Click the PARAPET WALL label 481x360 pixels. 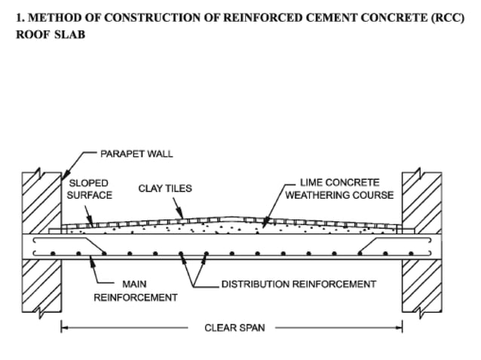pos(136,154)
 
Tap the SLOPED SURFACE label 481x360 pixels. pos(90,189)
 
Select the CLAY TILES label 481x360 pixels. pos(164,188)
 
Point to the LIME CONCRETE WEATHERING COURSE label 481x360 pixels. pos(339,189)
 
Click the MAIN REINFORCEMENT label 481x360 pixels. pos(135,291)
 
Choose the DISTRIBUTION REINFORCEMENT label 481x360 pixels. pos(298,284)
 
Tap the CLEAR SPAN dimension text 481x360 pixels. pos(234,328)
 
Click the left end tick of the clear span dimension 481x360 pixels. pos(61,328)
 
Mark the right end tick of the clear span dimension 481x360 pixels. pos(402,328)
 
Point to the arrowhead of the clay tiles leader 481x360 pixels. pos(181,218)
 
